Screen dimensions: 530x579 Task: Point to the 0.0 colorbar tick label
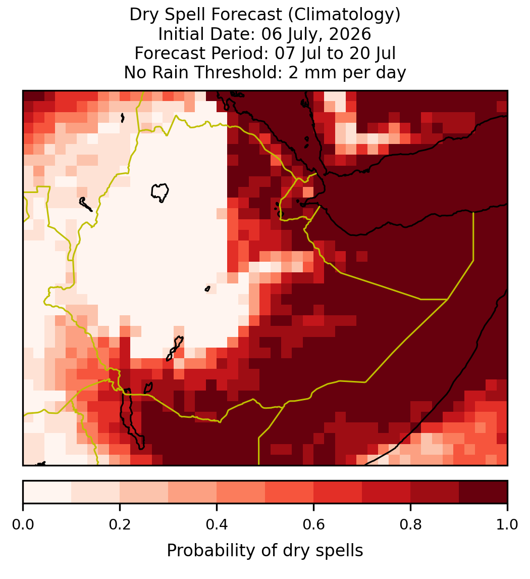click(x=23, y=525)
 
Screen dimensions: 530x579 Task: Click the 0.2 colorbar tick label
click(x=120, y=525)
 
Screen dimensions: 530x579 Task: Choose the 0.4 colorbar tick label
click(x=217, y=525)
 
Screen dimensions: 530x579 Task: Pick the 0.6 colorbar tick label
click(x=313, y=525)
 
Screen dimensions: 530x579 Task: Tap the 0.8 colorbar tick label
click(x=410, y=525)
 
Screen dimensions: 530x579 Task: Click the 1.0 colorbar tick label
click(x=507, y=525)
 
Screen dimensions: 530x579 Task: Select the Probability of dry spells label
click(x=265, y=551)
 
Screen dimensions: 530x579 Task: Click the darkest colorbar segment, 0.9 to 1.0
click(x=483, y=492)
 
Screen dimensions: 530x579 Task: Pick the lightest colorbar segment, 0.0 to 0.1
click(x=47, y=492)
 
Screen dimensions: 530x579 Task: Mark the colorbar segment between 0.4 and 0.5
click(x=241, y=492)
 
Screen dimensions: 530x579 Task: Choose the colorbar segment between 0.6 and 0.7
click(x=338, y=492)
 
